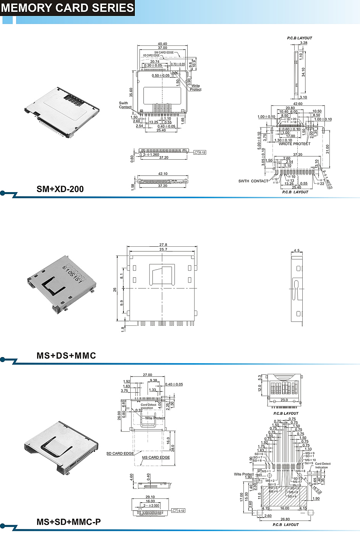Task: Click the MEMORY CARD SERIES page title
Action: [x=67, y=8]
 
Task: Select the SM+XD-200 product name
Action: [x=60, y=189]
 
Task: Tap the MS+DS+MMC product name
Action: [x=66, y=356]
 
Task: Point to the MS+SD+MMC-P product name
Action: [x=69, y=522]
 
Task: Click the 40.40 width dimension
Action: [x=162, y=44]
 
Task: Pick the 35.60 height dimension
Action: [x=131, y=92]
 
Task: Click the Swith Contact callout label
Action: [x=125, y=105]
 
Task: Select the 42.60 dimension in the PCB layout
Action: [x=298, y=104]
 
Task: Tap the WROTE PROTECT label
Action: [x=294, y=144]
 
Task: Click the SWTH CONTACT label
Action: [x=253, y=181]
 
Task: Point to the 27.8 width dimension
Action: [x=163, y=245]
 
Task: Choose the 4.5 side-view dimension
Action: [x=297, y=251]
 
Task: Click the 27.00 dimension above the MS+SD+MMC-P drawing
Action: [x=147, y=375]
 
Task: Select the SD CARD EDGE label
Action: [x=120, y=454]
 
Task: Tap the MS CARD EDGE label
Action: [x=156, y=458]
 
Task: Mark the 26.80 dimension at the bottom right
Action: [x=285, y=519]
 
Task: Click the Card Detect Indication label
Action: [x=323, y=466]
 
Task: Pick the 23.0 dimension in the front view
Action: [x=284, y=400]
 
